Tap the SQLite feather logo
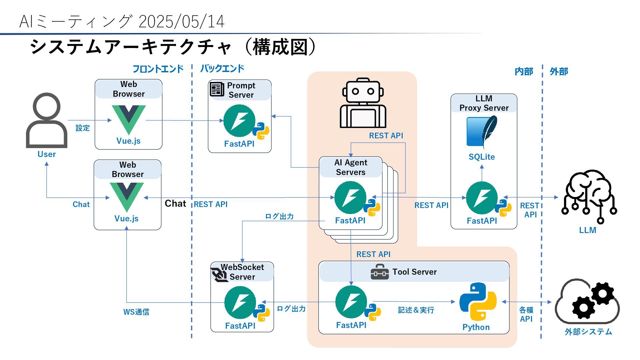click(482, 132)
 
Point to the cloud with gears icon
click(587, 302)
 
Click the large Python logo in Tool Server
click(478, 302)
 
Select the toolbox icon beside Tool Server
click(379, 272)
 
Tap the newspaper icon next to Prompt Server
click(217, 89)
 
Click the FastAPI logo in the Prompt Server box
click(239, 121)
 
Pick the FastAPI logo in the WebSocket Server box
click(240, 303)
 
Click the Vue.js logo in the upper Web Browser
click(129, 119)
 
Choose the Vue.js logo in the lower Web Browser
click(127, 197)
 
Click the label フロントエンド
click(158, 69)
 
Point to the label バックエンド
click(222, 69)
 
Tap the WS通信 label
click(136, 312)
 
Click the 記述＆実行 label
click(416, 310)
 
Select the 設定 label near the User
click(83, 128)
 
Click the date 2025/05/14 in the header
click(181, 22)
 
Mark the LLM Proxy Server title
click(484, 103)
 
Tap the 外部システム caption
click(588, 332)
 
